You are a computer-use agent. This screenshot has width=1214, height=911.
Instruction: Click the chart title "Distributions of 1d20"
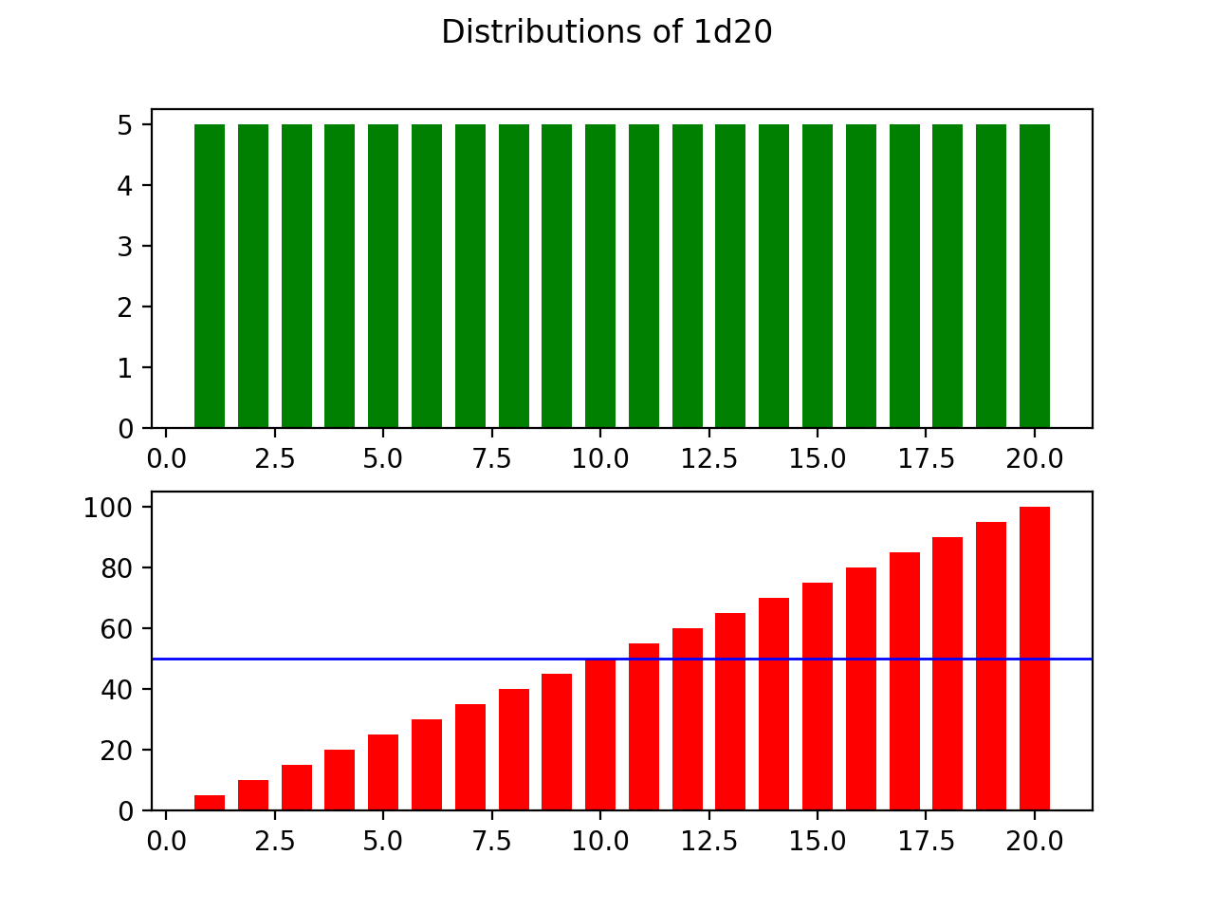click(607, 32)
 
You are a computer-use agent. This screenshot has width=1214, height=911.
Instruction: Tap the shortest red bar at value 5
click(210, 803)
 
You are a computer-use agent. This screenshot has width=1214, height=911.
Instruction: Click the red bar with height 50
click(600, 734)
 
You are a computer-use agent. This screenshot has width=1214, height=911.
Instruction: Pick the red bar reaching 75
click(818, 697)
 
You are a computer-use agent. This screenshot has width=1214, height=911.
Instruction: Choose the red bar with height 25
click(383, 772)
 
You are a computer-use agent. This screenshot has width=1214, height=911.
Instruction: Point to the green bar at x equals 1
click(210, 275)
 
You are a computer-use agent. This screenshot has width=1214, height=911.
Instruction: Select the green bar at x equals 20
click(1034, 275)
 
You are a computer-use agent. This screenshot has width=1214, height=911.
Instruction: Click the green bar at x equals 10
click(600, 275)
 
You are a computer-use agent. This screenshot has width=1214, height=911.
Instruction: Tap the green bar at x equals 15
click(818, 275)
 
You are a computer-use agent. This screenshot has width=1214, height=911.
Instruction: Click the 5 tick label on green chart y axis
click(125, 124)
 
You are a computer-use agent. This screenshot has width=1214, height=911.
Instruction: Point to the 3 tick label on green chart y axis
click(125, 246)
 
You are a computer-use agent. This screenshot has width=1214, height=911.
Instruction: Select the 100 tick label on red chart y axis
click(109, 508)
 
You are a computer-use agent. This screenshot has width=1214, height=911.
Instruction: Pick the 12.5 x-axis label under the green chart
click(708, 459)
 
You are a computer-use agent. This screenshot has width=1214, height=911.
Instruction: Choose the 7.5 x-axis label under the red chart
click(491, 842)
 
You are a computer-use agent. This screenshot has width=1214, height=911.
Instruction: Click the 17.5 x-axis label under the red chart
click(926, 842)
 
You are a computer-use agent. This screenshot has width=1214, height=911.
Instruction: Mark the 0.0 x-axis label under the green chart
click(167, 459)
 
